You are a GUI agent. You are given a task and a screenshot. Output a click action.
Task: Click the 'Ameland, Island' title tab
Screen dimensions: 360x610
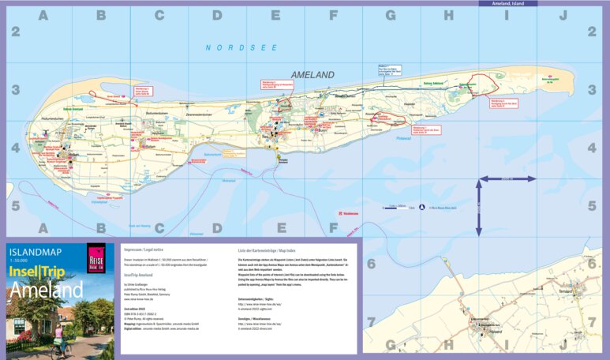click(507, 4)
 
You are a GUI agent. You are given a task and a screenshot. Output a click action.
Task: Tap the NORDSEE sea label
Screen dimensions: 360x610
click(231, 47)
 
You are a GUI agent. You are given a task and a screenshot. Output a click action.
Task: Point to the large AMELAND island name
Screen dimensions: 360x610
click(312, 75)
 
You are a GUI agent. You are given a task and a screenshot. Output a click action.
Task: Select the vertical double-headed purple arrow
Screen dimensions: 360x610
click(478, 207)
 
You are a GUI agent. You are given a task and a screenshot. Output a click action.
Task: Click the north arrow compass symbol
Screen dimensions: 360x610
click(421, 206)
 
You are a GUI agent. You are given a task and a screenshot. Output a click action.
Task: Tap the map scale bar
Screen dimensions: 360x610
click(398, 206)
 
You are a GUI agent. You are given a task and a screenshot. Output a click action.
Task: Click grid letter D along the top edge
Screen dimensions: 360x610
click(217, 15)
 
